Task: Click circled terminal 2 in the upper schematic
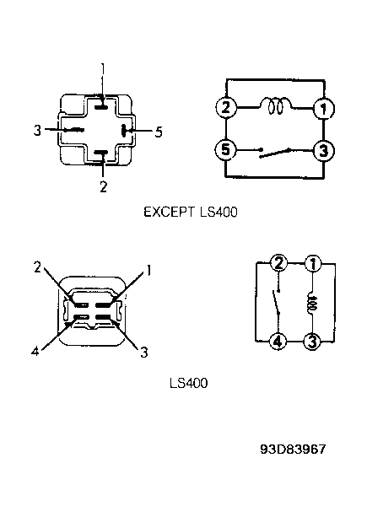[x=226, y=108]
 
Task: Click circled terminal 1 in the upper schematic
[x=323, y=109]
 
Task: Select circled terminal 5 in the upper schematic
[x=225, y=150]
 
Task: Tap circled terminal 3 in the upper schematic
[x=323, y=151]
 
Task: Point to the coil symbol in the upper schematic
[x=276, y=105]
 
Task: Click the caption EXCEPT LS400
[x=191, y=212]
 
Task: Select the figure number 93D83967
[x=293, y=449]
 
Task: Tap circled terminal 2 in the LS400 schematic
[x=278, y=263]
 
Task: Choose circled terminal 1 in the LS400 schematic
[x=312, y=263]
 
